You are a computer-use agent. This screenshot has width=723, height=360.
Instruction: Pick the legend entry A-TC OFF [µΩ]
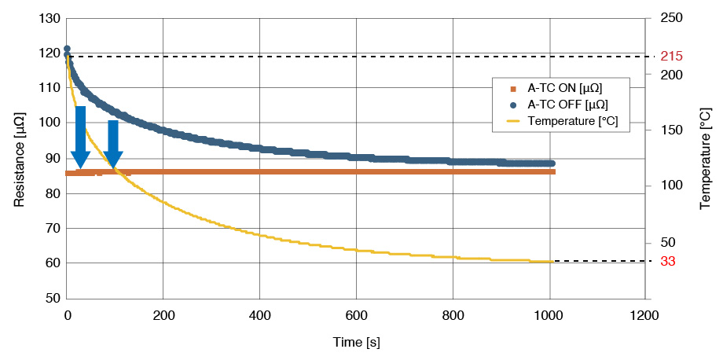coord(567,105)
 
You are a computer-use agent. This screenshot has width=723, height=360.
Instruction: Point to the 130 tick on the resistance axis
coord(49,17)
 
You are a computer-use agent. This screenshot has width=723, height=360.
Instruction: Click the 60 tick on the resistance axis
coord(52,263)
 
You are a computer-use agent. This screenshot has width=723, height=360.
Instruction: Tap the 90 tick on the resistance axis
coord(52,158)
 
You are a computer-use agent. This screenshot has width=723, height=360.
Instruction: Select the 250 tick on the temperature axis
coord(670,17)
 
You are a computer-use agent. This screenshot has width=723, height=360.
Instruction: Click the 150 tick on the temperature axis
coord(670,130)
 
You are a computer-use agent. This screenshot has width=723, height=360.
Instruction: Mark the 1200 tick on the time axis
coord(644,316)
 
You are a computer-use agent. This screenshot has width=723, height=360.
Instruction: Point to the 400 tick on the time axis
coord(259,316)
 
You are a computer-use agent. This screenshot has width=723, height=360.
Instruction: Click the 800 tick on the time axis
coord(452,316)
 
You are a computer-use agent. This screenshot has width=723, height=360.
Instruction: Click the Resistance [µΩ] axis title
coord(18,158)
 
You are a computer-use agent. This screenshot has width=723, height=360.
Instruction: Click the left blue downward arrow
coord(80,138)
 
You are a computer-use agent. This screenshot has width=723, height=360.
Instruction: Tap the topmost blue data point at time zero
coord(67,50)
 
